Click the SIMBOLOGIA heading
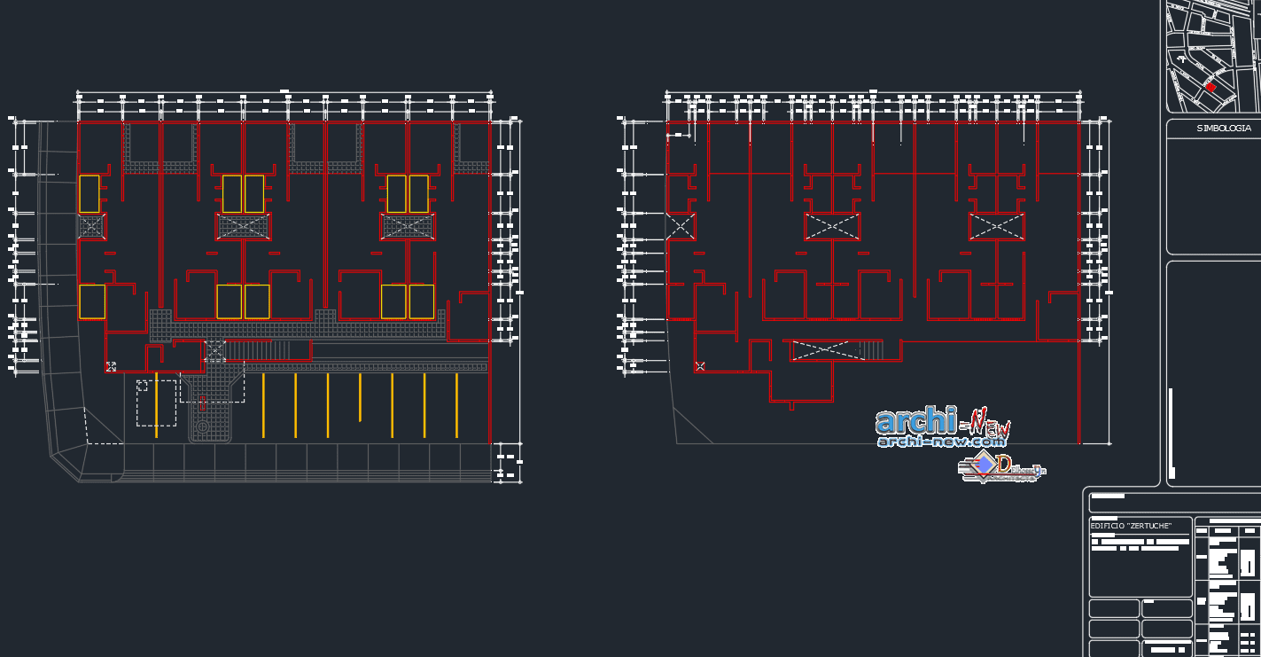[x=1224, y=129]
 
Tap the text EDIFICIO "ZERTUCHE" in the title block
[x=1131, y=526]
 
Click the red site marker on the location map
[x=1210, y=87]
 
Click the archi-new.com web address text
[x=941, y=441]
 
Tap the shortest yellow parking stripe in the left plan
[x=360, y=397]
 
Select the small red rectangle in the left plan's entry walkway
[x=203, y=403]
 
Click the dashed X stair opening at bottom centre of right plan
[x=825, y=350]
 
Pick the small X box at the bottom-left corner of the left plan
[x=112, y=366]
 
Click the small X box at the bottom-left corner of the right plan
[x=700, y=366]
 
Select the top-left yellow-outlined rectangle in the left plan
[x=90, y=193]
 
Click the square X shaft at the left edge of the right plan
[x=681, y=226]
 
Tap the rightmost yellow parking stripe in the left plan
[x=456, y=405]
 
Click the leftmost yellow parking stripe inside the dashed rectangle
[x=156, y=405]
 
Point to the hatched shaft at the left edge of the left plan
[x=92, y=226]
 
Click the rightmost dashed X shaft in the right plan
[x=996, y=226]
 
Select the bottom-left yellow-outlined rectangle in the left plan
[x=92, y=301]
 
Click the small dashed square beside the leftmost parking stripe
[x=142, y=386]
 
